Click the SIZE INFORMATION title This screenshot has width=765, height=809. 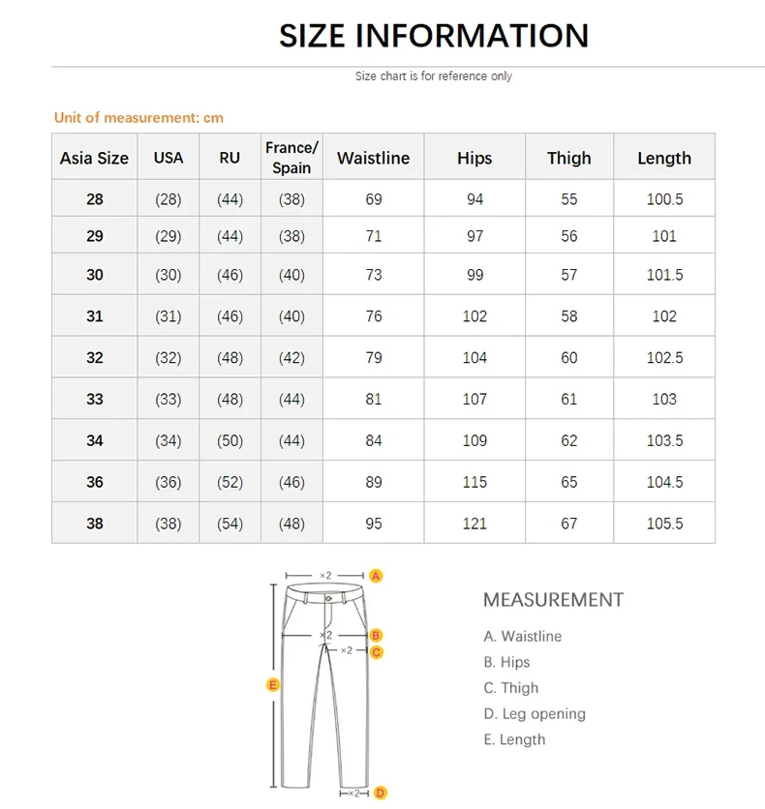433,36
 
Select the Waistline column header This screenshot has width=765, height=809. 373,158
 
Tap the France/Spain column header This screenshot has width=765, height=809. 291,158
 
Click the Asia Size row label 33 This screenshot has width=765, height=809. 94,399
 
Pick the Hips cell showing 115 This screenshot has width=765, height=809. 474,482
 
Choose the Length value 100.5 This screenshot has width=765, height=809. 664,199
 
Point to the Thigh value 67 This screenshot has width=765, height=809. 568,524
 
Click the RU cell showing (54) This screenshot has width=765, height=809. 229,524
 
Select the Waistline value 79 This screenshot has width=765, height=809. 374,357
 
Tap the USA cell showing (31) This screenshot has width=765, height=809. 168,316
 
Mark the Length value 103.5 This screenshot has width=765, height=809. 664,440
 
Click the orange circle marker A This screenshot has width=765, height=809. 377,576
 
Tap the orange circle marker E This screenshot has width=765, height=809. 273,685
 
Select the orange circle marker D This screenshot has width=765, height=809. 381,794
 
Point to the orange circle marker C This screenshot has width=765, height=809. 377,652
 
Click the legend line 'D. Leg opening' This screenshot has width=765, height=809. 535,714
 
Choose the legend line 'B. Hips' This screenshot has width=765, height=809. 506,662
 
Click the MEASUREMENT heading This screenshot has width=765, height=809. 553,600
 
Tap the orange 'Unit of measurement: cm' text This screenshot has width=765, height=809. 138,117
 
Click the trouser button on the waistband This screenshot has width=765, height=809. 326,596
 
